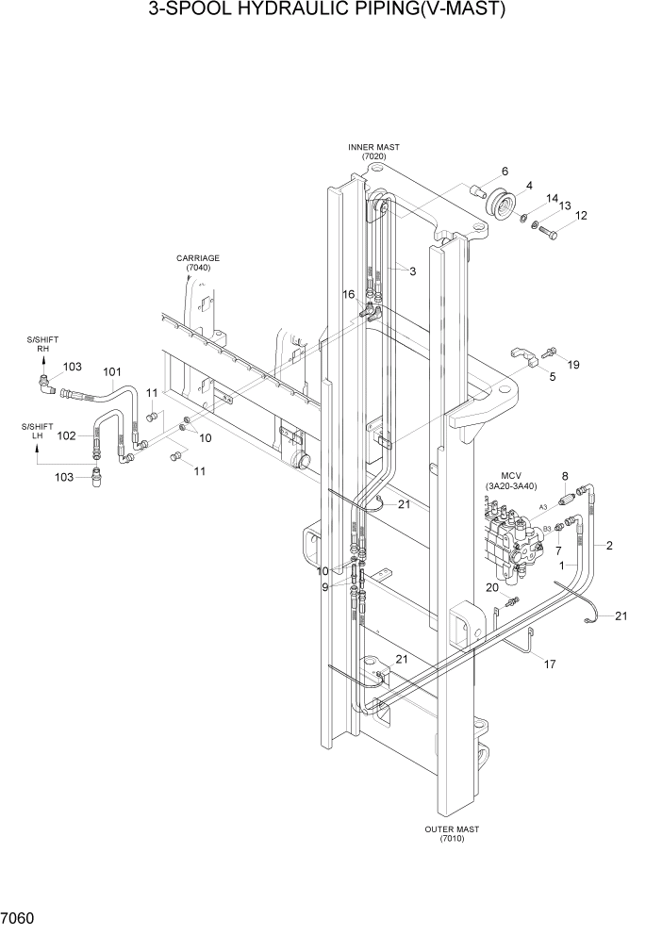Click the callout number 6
(x=505, y=172)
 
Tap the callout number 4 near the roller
(x=530, y=186)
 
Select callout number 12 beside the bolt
(x=581, y=216)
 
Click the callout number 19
(x=573, y=363)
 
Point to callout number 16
(x=348, y=295)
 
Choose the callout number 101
(x=112, y=371)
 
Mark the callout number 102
(x=67, y=435)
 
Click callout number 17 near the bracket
(x=549, y=664)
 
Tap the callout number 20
(x=491, y=587)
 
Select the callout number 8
(x=565, y=476)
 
